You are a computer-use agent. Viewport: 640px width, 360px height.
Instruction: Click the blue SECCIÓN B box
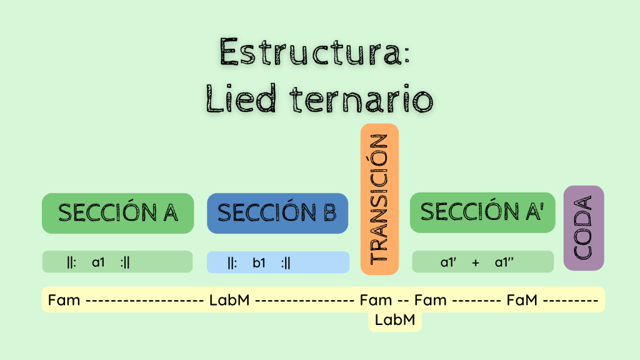pyautogui.click(x=277, y=213)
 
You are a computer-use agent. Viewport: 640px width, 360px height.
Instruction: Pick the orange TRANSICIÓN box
pyautogui.click(x=379, y=199)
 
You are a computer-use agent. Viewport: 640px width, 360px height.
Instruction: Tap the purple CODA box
pyautogui.click(x=584, y=227)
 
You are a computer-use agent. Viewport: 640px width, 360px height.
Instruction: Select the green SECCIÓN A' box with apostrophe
pyautogui.click(x=482, y=212)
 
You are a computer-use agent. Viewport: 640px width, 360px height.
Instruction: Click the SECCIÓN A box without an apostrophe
pyautogui.click(x=117, y=213)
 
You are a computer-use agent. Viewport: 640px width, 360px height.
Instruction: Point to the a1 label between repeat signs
pyautogui.click(x=99, y=262)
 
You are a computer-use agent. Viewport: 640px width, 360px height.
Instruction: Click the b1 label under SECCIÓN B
pyautogui.click(x=259, y=262)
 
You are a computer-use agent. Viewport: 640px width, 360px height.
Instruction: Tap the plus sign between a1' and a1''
pyautogui.click(x=476, y=262)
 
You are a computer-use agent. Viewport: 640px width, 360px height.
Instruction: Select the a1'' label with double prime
pyautogui.click(x=504, y=262)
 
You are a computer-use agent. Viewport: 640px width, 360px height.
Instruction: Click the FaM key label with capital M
pyautogui.click(x=522, y=300)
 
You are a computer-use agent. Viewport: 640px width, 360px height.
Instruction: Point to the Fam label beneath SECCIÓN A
pyautogui.click(x=64, y=300)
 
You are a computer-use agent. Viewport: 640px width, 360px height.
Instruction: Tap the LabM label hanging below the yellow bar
pyautogui.click(x=394, y=320)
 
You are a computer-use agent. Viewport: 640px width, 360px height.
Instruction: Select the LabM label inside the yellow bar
pyautogui.click(x=230, y=300)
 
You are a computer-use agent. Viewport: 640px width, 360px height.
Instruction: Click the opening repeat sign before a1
pyautogui.click(x=71, y=262)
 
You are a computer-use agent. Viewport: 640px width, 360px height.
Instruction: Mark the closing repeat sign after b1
pyautogui.click(x=286, y=262)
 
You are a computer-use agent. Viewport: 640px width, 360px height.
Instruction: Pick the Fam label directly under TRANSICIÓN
pyautogui.click(x=376, y=300)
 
